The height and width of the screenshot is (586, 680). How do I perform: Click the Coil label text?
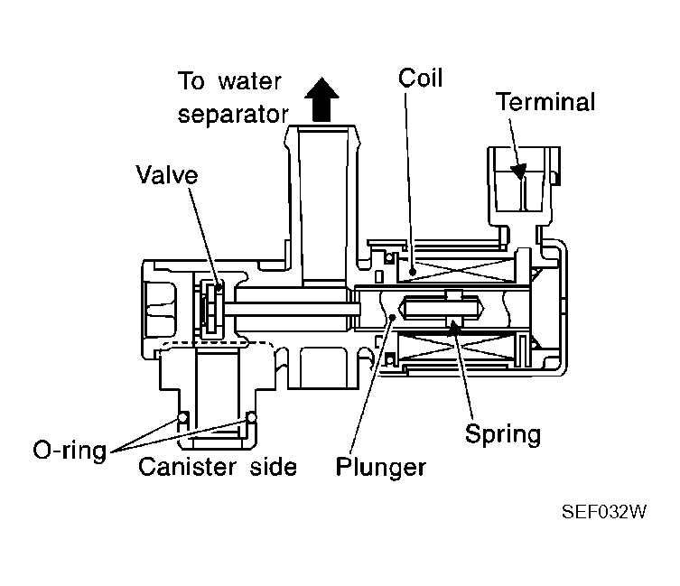420,78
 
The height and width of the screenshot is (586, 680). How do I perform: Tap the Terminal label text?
545,102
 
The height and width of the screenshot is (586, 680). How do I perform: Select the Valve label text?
167,175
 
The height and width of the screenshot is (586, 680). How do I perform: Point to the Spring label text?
503,433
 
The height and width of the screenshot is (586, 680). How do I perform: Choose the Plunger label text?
381,467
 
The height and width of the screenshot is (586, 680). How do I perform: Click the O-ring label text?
70,451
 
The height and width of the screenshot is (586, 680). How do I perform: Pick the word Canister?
187,467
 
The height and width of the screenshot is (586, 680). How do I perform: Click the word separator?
233,115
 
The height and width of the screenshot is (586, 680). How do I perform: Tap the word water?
250,81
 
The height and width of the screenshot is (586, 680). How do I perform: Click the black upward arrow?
321,99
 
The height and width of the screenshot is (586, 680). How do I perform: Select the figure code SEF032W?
603,512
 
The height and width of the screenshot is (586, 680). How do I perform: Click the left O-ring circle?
182,417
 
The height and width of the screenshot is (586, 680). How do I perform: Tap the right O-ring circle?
251,417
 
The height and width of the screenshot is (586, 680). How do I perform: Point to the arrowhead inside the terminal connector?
518,172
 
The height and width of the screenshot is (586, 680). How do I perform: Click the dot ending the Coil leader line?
413,273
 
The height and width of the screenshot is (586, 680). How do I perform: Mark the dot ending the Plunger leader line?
393,317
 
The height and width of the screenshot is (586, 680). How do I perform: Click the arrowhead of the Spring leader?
453,328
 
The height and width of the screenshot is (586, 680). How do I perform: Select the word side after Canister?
274,467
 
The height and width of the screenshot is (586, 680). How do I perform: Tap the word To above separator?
191,80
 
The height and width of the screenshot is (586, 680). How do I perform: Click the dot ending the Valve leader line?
219,287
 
